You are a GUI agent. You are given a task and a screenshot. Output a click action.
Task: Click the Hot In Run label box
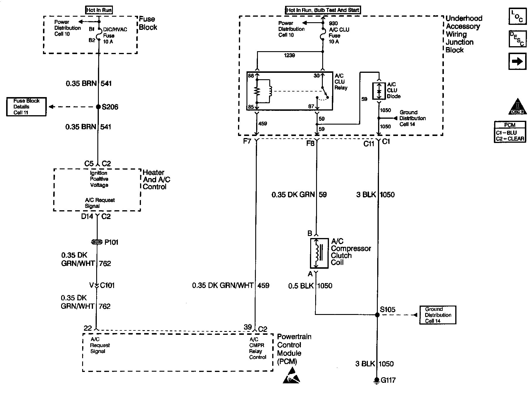[99, 10]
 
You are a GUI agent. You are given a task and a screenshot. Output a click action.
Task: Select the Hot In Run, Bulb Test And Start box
[323, 10]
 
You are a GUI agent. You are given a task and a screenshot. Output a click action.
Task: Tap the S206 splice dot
[99, 107]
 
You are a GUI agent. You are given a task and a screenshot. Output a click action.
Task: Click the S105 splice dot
[377, 315]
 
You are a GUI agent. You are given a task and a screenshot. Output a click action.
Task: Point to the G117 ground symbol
[377, 380]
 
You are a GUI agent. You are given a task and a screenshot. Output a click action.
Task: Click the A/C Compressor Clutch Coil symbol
[319, 253]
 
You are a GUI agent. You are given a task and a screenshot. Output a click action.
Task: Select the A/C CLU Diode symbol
[379, 91]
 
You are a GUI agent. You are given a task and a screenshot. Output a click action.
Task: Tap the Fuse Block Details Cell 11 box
[26, 107]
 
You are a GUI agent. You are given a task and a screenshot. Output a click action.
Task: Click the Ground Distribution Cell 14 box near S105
[438, 315]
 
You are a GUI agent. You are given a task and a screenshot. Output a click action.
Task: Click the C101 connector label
[107, 285]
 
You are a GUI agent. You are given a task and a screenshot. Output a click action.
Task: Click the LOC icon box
[517, 17]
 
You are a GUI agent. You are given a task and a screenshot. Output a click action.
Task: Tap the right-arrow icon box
[517, 61]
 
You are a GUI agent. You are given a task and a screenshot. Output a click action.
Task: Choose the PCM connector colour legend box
[510, 132]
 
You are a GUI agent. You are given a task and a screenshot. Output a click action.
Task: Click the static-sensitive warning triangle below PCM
[291, 376]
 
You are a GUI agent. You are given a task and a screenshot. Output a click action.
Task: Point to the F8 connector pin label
[310, 143]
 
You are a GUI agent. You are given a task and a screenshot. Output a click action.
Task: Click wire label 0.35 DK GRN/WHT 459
[230, 285]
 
